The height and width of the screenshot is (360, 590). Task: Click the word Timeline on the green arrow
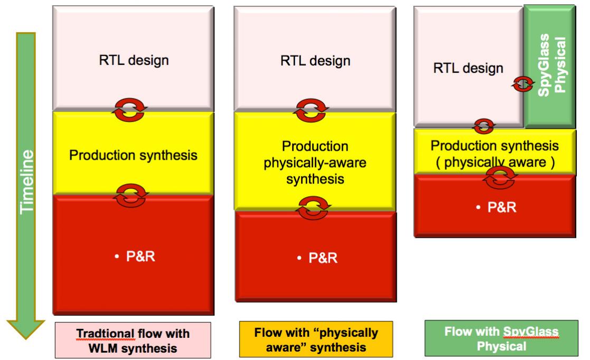click(x=27, y=182)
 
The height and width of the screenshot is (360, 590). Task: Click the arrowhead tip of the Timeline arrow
click(x=25, y=338)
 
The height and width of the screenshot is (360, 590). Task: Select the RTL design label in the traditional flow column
click(x=134, y=60)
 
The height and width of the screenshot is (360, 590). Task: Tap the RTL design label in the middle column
click(x=315, y=61)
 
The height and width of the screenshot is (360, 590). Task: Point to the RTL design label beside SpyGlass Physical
click(x=468, y=68)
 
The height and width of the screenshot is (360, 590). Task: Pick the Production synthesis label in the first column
click(x=133, y=155)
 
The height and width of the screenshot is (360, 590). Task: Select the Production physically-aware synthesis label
click(x=315, y=163)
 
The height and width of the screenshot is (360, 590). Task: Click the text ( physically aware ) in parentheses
click(x=495, y=162)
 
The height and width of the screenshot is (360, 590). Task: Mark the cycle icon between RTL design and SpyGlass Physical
click(x=522, y=84)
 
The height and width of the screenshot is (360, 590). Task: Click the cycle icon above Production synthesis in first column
click(x=130, y=110)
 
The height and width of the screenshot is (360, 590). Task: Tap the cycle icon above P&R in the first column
click(x=131, y=196)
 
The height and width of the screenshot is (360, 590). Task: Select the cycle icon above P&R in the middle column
click(x=313, y=208)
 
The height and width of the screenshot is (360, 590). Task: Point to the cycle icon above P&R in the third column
click(x=500, y=178)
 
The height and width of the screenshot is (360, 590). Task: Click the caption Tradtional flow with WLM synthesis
click(x=133, y=340)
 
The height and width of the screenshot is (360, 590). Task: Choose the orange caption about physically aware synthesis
click(x=316, y=339)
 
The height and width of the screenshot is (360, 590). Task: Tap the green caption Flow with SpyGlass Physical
click(x=501, y=338)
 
